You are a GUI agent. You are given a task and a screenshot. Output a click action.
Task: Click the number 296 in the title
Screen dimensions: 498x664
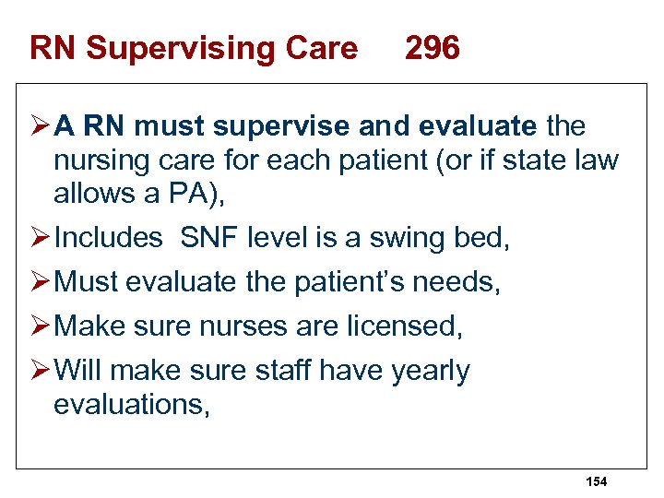pyautogui.click(x=432, y=48)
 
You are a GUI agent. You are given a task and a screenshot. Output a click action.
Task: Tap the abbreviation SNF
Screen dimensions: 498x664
pyautogui.click(x=209, y=237)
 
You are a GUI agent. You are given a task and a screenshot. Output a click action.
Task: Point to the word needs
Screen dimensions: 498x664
pyautogui.click(x=461, y=282)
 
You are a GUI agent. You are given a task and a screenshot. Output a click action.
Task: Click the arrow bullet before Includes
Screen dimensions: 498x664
pyautogui.click(x=39, y=237)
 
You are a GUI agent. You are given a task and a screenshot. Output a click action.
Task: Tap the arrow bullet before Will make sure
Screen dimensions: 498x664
pyautogui.click(x=39, y=370)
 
